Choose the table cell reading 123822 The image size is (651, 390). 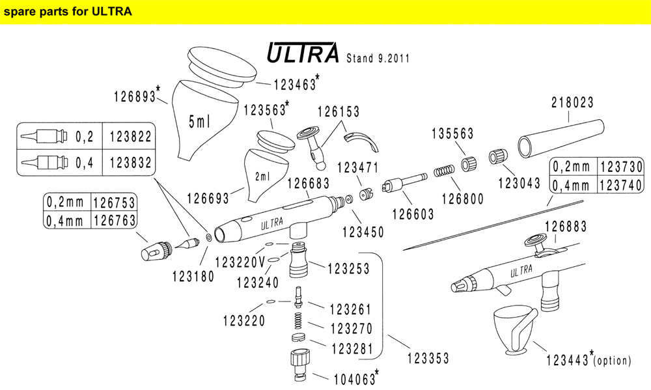tap(130, 137)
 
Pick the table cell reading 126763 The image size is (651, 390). tap(114, 221)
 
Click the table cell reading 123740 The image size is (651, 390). tap(621, 186)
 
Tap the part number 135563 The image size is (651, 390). tap(453, 133)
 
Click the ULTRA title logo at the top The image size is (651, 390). tap(303, 54)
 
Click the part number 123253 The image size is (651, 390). tap(348, 268)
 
